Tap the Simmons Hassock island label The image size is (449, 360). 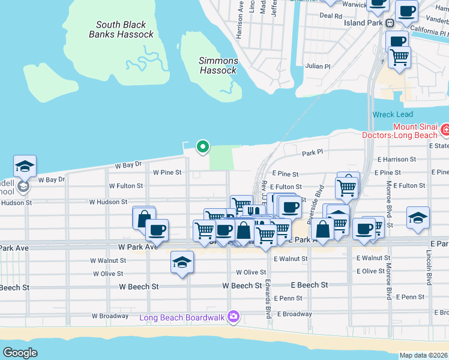click(x=218, y=65)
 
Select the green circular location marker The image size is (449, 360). click(x=203, y=146)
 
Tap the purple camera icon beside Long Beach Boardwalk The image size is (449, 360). click(x=233, y=317)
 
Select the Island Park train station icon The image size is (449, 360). click(x=390, y=23)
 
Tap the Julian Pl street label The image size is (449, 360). click(x=318, y=66)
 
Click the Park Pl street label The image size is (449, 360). click(x=312, y=154)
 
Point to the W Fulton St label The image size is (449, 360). click(x=125, y=186)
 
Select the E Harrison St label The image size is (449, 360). click(x=397, y=160)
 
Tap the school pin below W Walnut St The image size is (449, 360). click(x=182, y=262)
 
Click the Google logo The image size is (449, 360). click(x=20, y=353)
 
